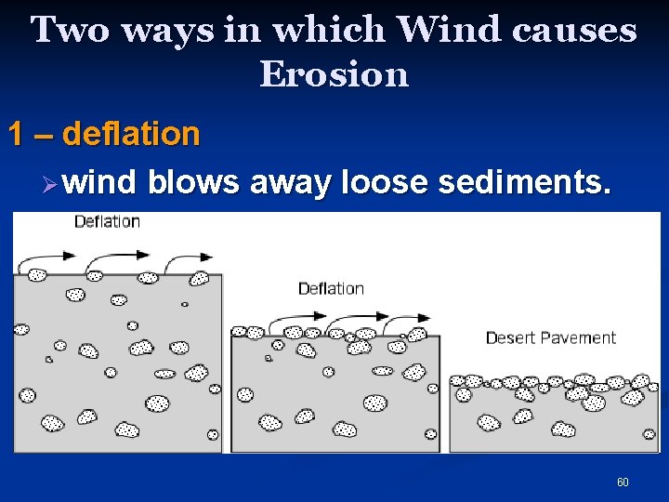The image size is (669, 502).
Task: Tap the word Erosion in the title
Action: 334,73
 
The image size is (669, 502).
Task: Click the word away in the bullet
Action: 292,183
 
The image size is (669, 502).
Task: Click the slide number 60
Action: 623,482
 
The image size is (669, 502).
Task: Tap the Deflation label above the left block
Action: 107,221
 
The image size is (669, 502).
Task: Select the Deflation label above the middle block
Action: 331,288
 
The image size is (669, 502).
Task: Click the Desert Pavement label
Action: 550,337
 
